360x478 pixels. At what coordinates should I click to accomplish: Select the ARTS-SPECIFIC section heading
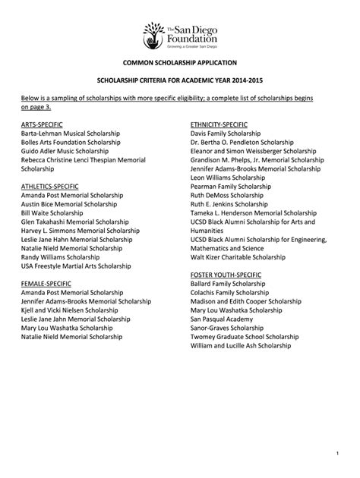(42, 123)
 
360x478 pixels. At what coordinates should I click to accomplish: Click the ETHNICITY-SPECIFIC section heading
(220, 123)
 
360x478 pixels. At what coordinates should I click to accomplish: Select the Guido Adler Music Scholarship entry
(67, 150)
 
